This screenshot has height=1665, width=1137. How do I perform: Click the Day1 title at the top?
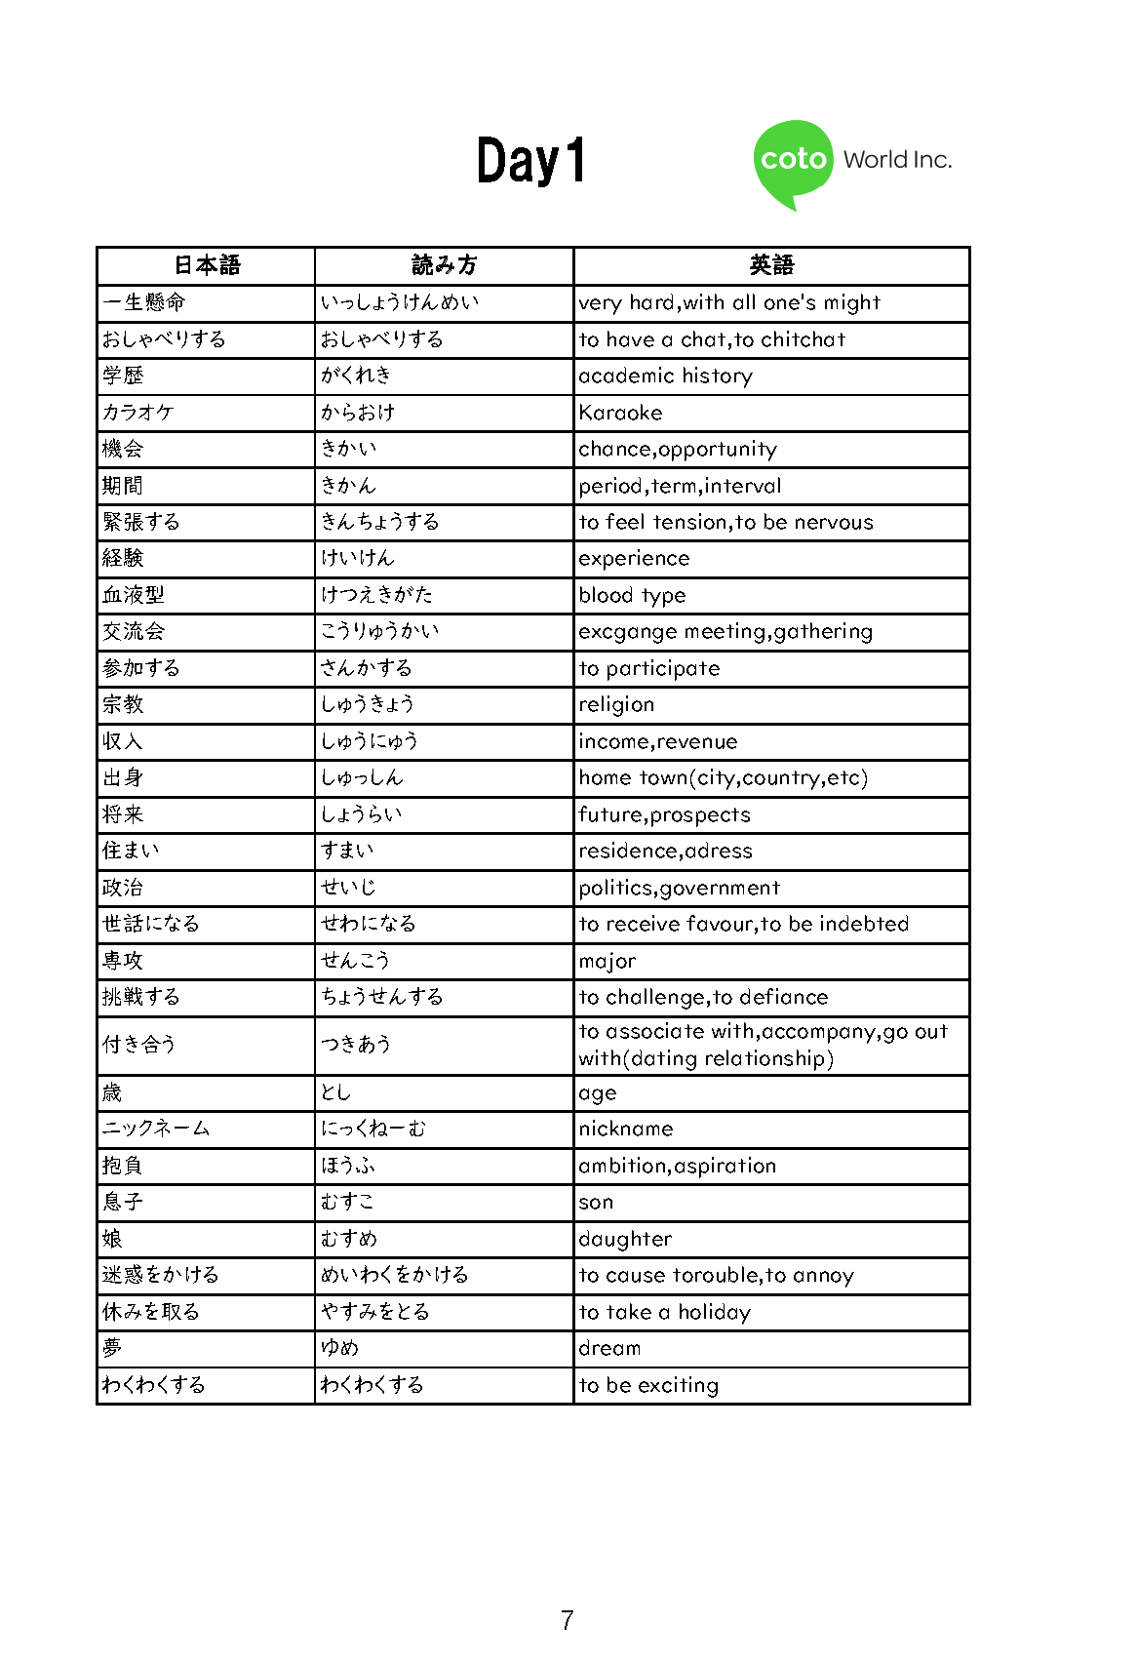point(531,161)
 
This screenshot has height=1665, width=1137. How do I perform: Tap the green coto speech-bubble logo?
point(793,161)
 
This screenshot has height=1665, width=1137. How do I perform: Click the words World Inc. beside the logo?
point(897,160)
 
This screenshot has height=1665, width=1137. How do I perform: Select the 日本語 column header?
point(206,265)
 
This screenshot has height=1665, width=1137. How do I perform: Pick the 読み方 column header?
point(444,265)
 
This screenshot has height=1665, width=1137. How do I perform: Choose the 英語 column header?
point(771,265)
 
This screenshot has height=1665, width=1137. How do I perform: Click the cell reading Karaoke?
point(620,413)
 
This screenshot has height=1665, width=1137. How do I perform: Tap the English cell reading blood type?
point(632,595)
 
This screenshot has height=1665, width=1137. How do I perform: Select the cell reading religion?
point(616,704)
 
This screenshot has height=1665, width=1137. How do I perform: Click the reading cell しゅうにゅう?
point(370,741)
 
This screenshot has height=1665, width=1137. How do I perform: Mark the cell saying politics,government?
point(679,888)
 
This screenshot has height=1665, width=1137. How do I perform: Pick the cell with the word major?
point(607,961)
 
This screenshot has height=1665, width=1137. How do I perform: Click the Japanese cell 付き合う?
point(139,1045)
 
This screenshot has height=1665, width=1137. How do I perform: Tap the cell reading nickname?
point(626,1129)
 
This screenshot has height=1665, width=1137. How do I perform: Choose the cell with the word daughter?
point(625,1239)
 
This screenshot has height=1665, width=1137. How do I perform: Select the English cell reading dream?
point(609,1348)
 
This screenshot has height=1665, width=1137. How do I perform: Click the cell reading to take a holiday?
point(664,1312)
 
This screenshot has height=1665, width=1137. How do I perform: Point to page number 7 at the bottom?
point(568,1620)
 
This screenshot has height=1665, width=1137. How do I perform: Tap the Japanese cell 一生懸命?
point(144,302)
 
